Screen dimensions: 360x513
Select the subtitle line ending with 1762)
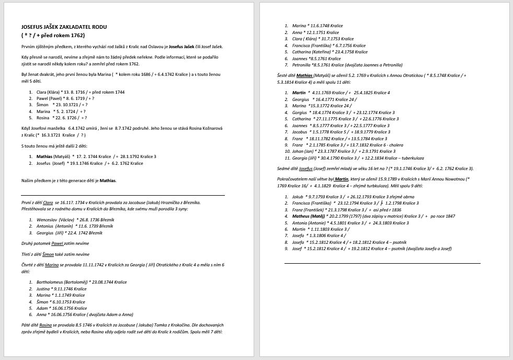tap(53, 36)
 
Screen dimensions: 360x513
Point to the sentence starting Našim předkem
tap(69, 181)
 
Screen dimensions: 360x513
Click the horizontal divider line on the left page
tap(123, 196)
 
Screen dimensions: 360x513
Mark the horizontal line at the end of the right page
tap(382, 263)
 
